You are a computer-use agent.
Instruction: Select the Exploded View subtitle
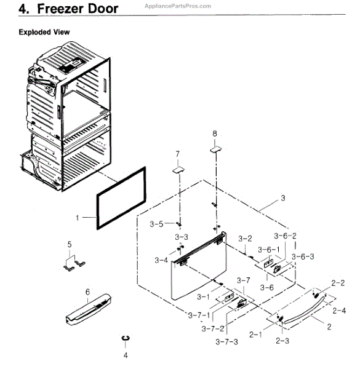coord(44,31)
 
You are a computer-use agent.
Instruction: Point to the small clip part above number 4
coord(126,338)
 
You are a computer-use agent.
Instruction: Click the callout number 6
coord(87,292)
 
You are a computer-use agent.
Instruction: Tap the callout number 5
coord(70,246)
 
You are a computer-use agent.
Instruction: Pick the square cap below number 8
coord(215,147)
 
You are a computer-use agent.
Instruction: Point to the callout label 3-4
coord(161,261)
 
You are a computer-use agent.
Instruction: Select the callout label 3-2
coord(246,239)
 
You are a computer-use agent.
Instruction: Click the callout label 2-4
coord(339,311)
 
